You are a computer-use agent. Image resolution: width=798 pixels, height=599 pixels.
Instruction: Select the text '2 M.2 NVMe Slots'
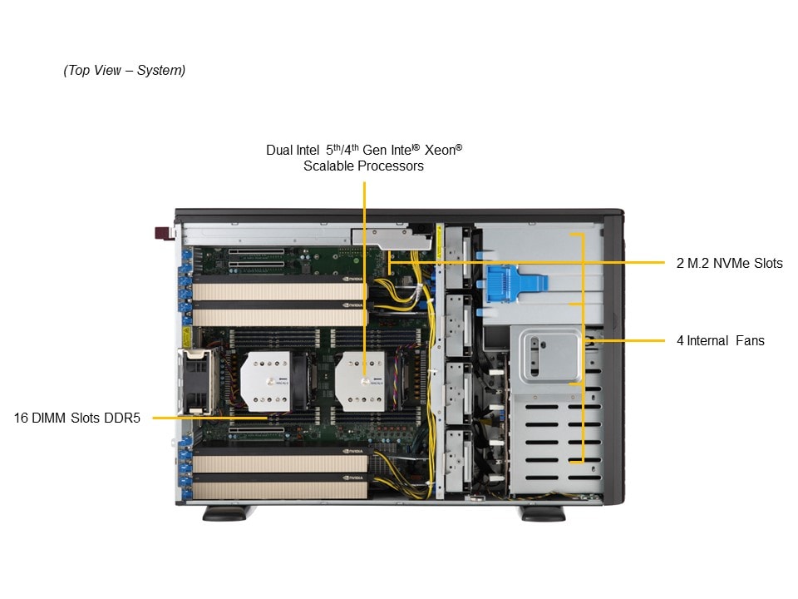pyautogui.click(x=729, y=264)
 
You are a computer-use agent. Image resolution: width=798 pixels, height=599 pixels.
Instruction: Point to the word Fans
pyautogui.click(x=749, y=341)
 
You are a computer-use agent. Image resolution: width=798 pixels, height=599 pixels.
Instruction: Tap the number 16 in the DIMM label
pyautogui.click(x=21, y=418)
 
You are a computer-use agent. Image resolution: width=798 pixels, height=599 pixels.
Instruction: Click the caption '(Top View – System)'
pyautogui.click(x=124, y=71)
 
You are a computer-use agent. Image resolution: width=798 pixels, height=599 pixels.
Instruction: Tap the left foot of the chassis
pyautogui.click(x=224, y=513)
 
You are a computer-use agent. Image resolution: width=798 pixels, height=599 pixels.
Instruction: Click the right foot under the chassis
pyautogui.click(x=543, y=513)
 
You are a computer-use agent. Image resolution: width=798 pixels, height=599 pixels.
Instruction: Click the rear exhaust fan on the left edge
pyautogui.click(x=197, y=380)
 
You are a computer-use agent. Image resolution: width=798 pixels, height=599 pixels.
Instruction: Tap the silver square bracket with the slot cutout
pyautogui.click(x=548, y=354)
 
